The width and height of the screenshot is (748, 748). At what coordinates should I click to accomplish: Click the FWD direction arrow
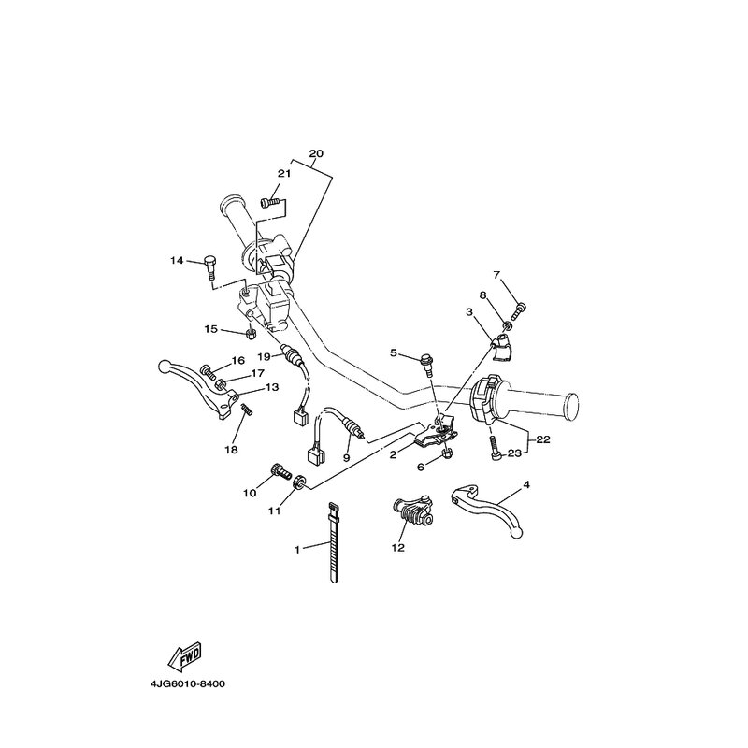click(x=185, y=655)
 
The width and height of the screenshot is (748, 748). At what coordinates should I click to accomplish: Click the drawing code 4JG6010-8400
click(x=188, y=684)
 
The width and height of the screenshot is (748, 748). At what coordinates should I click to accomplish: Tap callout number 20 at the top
click(x=316, y=153)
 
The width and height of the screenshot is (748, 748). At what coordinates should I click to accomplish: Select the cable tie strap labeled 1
click(x=334, y=543)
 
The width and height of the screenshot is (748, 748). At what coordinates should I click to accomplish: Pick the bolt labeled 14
click(x=209, y=268)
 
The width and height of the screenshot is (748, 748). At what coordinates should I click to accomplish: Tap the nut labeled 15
click(x=250, y=335)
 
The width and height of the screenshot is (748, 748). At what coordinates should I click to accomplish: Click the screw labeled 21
click(x=269, y=203)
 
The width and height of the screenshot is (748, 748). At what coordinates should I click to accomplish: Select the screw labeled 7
click(x=518, y=312)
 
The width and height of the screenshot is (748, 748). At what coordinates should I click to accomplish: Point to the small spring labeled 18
click(x=247, y=410)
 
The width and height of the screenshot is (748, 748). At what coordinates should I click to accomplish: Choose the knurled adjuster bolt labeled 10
click(x=280, y=471)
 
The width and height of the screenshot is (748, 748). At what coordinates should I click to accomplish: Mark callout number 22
click(x=543, y=439)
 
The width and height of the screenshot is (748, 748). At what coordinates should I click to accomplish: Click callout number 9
click(x=346, y=457)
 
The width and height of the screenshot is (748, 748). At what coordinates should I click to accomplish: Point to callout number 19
click(x=264, y=356)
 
